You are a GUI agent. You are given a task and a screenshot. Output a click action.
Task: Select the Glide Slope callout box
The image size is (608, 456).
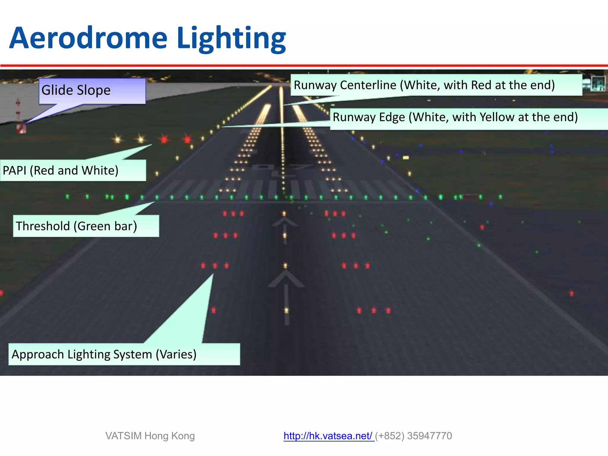tap(92, 91)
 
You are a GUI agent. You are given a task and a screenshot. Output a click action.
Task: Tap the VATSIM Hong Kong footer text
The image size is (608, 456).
tap(150, 436)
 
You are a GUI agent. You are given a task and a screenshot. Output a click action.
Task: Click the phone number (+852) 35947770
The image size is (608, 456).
tap(414, 436)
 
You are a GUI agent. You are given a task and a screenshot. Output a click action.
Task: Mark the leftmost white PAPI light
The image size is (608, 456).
tap(118, 139)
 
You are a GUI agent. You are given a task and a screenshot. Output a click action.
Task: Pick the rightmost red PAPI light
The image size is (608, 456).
tap(187, 139)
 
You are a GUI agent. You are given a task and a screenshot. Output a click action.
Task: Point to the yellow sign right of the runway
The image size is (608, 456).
tap(406, 158)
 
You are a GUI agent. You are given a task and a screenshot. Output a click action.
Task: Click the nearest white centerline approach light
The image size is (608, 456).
tap(286, 311)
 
